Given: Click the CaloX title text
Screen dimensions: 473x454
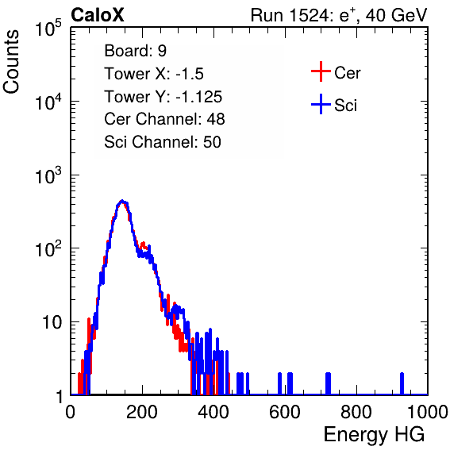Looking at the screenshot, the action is click(98, 15).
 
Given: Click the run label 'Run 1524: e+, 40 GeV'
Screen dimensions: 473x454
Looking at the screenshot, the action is click(339, 15).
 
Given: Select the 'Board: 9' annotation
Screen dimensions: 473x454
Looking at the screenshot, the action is click(135, 51).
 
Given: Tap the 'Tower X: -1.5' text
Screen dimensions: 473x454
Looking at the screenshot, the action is click(154, 74).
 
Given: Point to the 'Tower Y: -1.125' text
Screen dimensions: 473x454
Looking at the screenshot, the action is click(163, 97).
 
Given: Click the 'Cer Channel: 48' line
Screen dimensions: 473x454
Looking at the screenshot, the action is click(164, 119).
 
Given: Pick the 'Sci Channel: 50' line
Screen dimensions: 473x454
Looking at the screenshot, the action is click(163, 142).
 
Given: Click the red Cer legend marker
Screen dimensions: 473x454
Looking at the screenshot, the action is click(321, 71).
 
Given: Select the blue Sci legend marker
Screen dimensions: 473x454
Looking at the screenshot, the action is click(321, 105).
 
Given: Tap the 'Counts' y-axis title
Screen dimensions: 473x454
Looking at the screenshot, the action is click(11, 62).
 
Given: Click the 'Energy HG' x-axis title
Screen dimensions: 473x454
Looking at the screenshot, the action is click(374, 435).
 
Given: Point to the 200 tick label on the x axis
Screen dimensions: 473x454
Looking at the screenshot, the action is click(142, 412).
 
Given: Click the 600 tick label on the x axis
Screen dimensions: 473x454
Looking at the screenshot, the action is click(285, 412).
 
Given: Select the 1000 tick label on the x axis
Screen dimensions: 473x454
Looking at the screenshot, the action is click(428, 412).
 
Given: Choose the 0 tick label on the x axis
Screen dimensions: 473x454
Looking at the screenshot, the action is click(71, 412).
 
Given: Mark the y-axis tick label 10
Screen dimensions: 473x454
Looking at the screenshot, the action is click(52, 322).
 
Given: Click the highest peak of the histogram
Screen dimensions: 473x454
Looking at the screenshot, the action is click(122, 202).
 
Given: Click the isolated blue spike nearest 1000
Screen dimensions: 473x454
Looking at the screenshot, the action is click(402, 383).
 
